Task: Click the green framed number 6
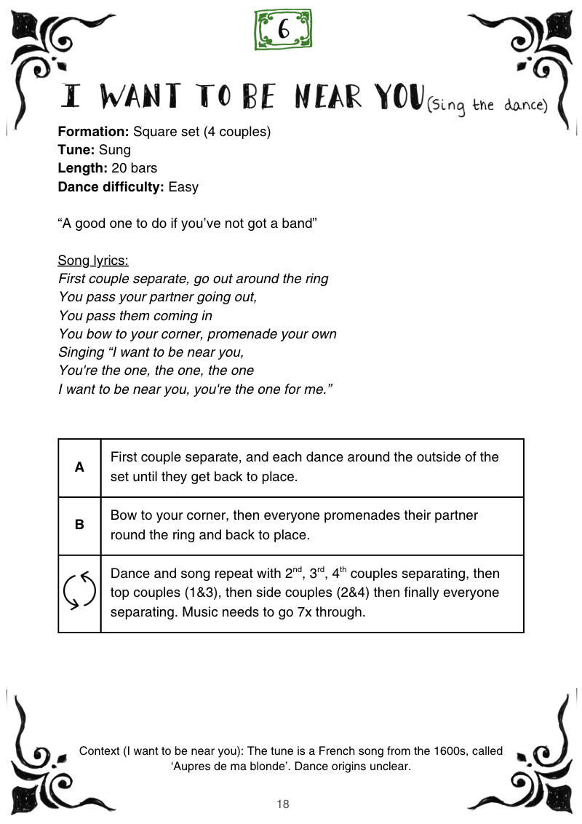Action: tap(284, 29)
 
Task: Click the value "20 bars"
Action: tap(134, 168)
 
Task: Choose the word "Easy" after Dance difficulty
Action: tap(183, 186)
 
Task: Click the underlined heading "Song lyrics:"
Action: tap(93, 261)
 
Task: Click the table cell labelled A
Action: tap(79, 467)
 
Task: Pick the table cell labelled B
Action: tap(79, 525)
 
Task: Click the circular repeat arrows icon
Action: tap(79, 592)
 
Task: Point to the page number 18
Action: tap(283, 804)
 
